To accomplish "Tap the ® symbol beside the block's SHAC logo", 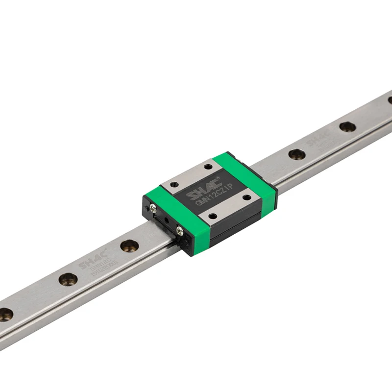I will [x=219, y=177].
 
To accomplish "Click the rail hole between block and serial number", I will [x=129, y=245].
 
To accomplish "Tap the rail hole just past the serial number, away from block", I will [x=68, y=279].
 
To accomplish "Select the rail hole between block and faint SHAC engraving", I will [x=297, y=154].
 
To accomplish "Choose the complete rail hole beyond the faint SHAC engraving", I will [x=347, y=126].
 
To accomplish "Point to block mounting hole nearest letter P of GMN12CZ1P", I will [x=246, y=197].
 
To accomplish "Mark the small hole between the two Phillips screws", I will [x=168, y=220].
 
